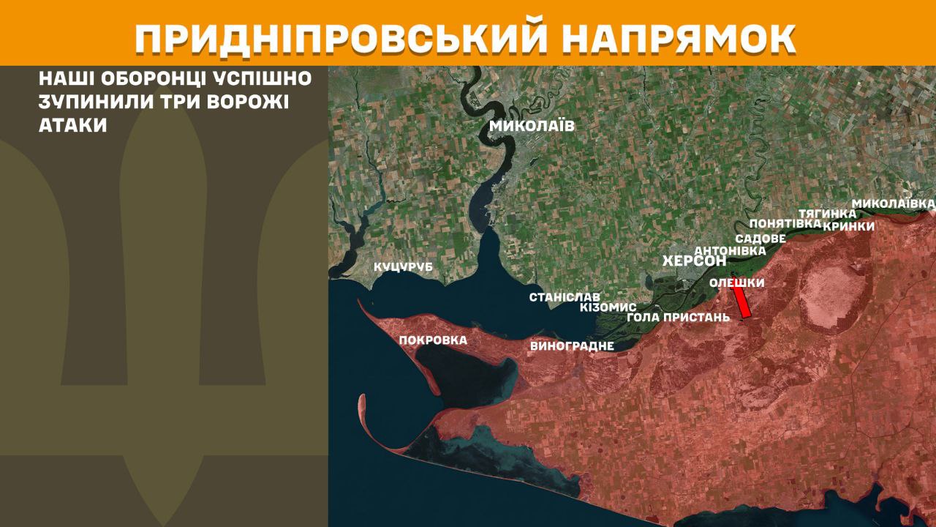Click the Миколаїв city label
point(532,126)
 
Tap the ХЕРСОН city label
point(694,261)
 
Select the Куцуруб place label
point(403,267)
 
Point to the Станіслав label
point(565,297)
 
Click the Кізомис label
point(608,307)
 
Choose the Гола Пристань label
point(678,318)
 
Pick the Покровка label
point(433,340)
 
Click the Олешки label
point(737,283)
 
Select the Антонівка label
point(730,250)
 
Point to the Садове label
point(760,239)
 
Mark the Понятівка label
point(785,223)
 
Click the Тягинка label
point(827,213)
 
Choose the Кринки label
point(849,226)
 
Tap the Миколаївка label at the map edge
point(894,202)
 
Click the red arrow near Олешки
point(741,302)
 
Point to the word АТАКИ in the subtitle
point(73,125)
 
